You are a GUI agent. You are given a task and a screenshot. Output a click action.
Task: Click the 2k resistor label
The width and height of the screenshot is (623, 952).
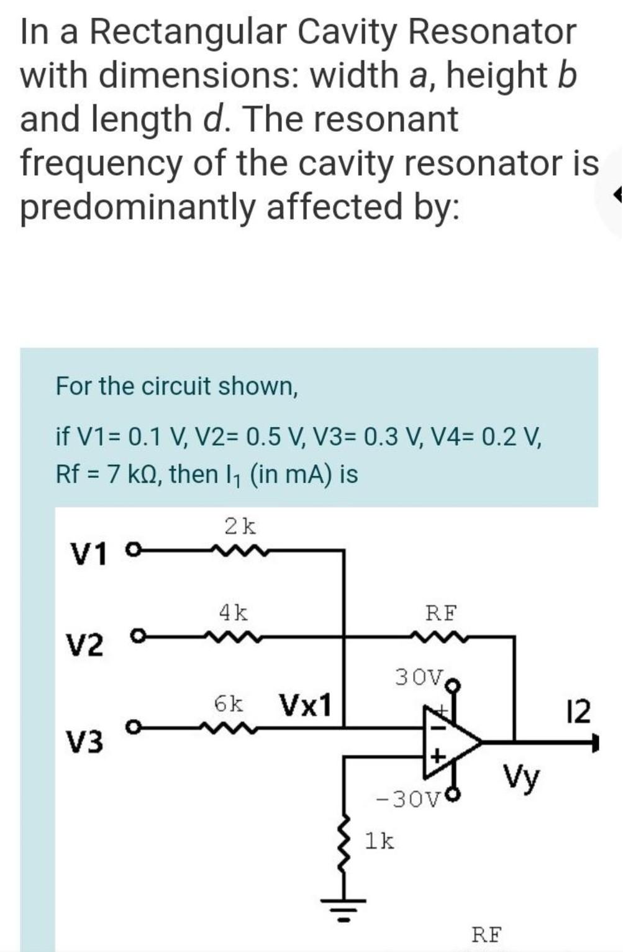240,526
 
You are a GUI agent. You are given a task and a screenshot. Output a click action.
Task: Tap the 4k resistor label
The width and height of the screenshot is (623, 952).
234,613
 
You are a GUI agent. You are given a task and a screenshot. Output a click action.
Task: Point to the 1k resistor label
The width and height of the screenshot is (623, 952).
379,841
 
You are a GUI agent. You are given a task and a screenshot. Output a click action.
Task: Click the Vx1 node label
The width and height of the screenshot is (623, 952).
306,705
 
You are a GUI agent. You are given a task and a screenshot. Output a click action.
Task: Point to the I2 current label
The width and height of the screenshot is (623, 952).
579,712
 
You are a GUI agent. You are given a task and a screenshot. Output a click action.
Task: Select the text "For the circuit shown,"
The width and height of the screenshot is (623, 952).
177,386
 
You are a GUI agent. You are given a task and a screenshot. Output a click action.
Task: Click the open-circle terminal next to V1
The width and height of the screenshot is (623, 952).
131,549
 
